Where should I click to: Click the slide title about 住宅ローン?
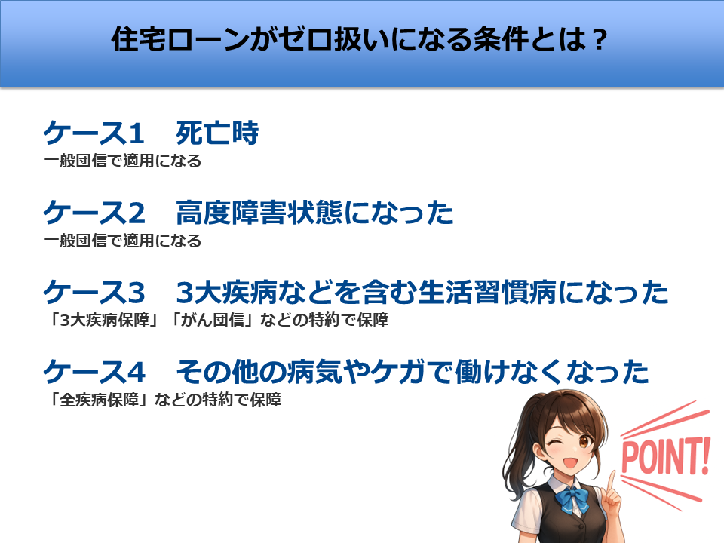(x=359, y=39)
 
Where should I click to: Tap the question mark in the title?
(x=600, y=40)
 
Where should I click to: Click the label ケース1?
(x=94, y=133)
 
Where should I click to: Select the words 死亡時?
(x=217, y=133)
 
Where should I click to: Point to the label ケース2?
(x=94, y=213)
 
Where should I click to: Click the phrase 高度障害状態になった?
(x=314, y=213)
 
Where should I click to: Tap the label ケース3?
(x=94, y=293)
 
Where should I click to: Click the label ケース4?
(x=94, y=372)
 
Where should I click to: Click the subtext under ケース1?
(x=123, y=161)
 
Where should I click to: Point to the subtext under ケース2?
(x=123, y=241)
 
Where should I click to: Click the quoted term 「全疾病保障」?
(x=100, y=400)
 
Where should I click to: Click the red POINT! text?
(x=665, y=457)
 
